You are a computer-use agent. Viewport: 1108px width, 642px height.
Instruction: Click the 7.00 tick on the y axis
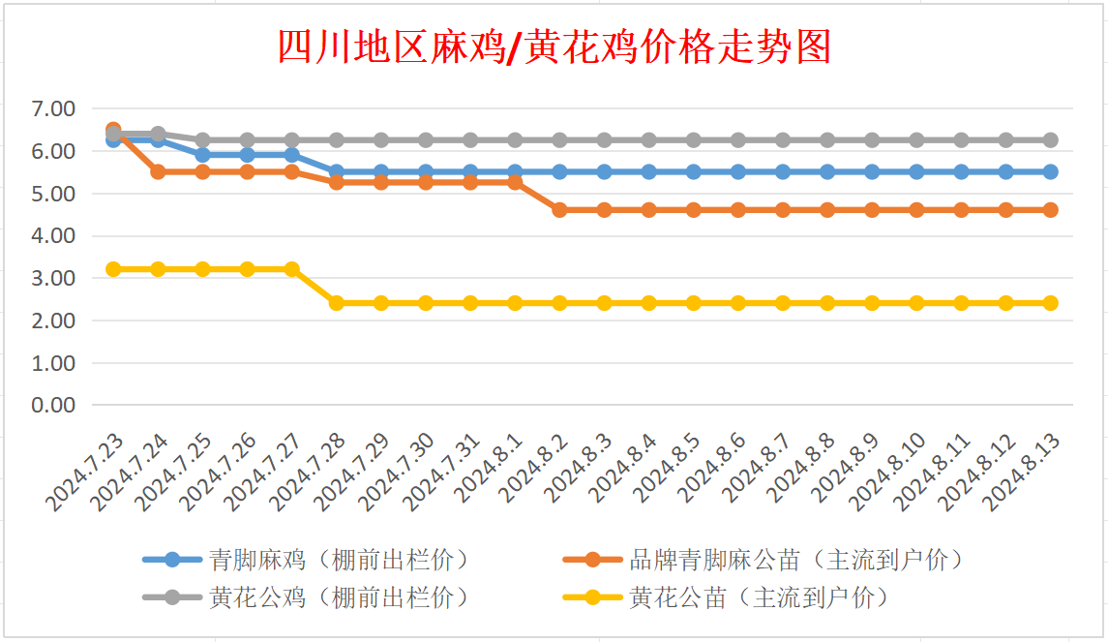coord(54,109)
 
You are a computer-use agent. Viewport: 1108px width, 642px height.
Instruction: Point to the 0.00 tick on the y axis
coord(54,405)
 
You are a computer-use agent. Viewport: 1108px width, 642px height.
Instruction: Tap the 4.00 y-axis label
coord(54,236)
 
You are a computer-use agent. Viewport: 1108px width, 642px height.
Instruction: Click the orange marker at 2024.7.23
coord(113,130)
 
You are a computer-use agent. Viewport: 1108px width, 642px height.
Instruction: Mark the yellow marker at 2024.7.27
coord(291,269)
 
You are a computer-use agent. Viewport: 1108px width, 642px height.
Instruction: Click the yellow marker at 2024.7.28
coord(336,303)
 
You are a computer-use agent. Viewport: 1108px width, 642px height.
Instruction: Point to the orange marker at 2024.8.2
coord(559,209)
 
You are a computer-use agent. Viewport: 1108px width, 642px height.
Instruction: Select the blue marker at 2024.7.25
coord(202,155)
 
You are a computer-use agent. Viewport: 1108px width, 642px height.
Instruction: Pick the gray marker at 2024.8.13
coord(1050,140)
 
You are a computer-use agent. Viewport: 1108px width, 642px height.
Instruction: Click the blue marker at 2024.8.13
coord(1050,171)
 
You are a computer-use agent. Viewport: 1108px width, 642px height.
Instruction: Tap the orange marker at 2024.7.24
coord(158,171)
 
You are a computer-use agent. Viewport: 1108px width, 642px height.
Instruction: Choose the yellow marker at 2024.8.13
coord(1050,303)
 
